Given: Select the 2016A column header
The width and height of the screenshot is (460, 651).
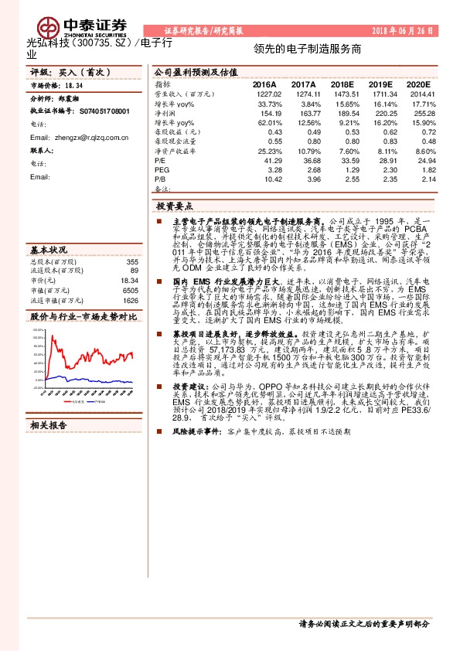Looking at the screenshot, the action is (264, 84).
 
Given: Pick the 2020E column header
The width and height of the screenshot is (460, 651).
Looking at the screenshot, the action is (418, 84).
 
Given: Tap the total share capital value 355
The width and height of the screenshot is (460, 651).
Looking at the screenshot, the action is (132, 261).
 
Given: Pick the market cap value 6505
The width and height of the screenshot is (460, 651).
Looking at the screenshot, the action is (131, 290).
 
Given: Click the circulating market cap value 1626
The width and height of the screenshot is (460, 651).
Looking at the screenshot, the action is (131, 300).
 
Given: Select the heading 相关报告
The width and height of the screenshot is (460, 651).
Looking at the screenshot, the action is (49, 425).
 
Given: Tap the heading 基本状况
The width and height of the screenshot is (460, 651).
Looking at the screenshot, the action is (49, 251).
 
